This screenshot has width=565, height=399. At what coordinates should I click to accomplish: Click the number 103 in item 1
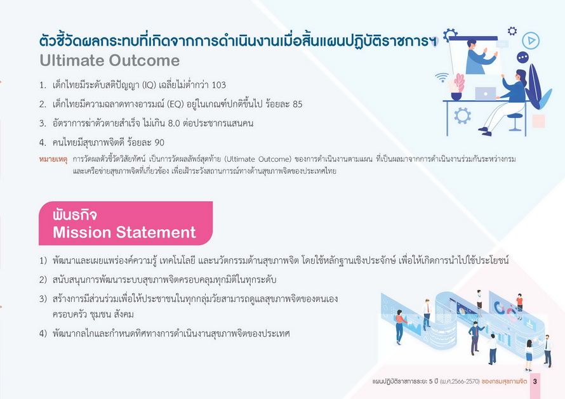(x=219, y=85)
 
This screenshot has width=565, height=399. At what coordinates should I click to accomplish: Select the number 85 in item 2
(x=297, y=104)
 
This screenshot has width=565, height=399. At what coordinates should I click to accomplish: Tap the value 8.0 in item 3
(x=174, y=124)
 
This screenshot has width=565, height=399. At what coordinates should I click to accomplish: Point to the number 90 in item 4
(x=159, y=143)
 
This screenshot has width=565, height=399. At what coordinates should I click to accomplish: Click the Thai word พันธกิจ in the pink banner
(x=74, y=215)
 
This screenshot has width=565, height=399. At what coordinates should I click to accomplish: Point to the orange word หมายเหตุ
(x=53, y=159)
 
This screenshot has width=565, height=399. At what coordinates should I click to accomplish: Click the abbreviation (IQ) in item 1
(x=149, y=85)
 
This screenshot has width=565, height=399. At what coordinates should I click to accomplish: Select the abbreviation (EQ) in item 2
(x=175, y=104)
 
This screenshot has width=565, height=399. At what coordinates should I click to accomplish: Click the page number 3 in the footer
(x=535, y=381)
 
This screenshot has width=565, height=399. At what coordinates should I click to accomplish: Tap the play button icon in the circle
(x=531, y=41)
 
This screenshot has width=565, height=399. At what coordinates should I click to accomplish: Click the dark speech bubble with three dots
(x=522, y=58)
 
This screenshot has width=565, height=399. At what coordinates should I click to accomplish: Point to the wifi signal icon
(x=442, y=77)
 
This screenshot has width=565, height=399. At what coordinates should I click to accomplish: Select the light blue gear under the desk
(x=462, y=115)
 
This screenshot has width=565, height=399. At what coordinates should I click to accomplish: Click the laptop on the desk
(x=486, y=93)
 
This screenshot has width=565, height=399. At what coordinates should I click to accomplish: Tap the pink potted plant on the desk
(x=456, y=86)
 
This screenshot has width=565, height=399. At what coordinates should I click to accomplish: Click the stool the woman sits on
(x=515, y=122)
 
